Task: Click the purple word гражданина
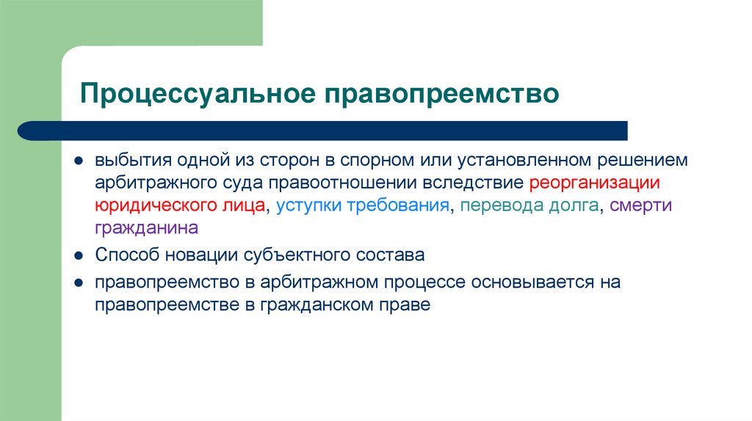click(x=146, y=228)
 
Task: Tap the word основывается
click(x=532, y=282)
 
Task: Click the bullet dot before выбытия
click(x=77, y=161)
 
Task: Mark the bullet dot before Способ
click(x=77, y=257)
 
